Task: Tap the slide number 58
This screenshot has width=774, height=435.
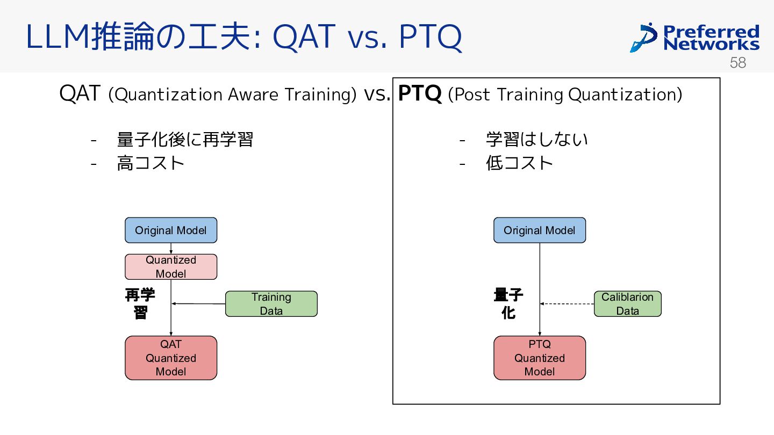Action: pyautogui.click(x=737, y=63)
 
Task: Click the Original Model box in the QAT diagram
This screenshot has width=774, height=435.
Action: pyautogui.click(x=171, y=230)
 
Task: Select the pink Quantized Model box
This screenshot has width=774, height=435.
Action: pyautogui.click(x=171, y=267)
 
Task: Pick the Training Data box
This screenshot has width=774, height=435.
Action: pyautogui.click(x=271, y=304)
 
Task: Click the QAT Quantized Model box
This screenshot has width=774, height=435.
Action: pyautogui.click(x=171, y=358)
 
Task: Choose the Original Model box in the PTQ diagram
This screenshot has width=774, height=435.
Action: pyautogui.click(x=540, y=230)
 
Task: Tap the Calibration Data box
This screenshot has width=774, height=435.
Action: pyautogui.click(x=627, y=304)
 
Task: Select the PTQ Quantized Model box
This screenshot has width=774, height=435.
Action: pyautogui.click(x=540, y=358)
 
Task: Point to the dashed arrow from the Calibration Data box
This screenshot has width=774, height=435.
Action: pyautogui.click(x=567, y=304)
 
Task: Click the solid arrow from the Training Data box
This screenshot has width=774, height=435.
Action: pyautogui.click(x=198, y=304)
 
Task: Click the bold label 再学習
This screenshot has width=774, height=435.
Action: pyautogui.click(x=140, y=304)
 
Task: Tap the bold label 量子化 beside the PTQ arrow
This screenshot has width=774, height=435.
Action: pyautogui.click(x=508, y=304)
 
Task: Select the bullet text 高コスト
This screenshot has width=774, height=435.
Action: pyautogui.click(x=150, y=163)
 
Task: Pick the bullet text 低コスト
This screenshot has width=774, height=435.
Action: pyautogui.click(x=519, y=163)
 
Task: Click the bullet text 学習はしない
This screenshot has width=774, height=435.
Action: pyautogui.click(x=536, y=140)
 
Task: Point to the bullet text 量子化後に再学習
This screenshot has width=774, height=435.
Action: pyautogui.click(x=185, y=140)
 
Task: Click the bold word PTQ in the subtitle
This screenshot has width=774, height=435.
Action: pyautogui.click(x=420, y=93)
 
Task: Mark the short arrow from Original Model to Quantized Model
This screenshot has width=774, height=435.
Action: pyautogui.click(x=171, y=249)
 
